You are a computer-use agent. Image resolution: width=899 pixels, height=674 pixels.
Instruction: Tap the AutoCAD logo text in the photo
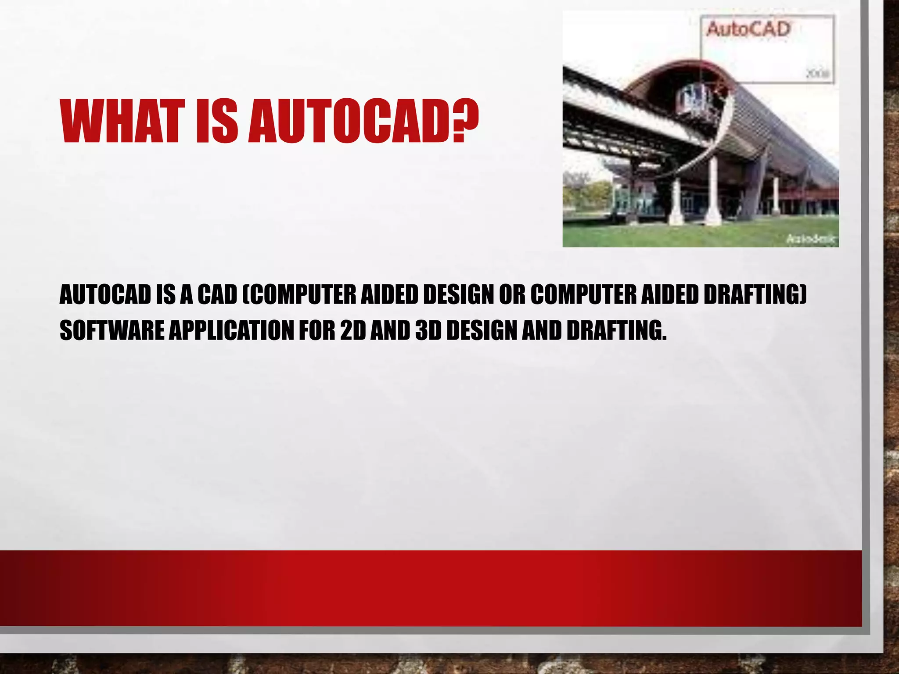click(748, 30)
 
